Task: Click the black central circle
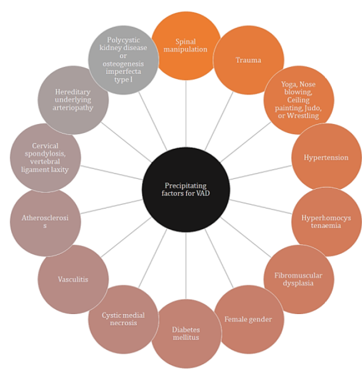(x=186, y=189)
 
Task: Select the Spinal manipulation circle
(x=186, y=45)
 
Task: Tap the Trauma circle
(x=248, y=59)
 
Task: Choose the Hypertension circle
(x=326, y=157)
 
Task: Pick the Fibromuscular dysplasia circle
(x=299, y=279)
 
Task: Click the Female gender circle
(x=248, y=319)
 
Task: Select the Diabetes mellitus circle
(x=186, y=334)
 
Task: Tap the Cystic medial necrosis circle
(x=123, y=319)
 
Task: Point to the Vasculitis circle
(x=73, y=279)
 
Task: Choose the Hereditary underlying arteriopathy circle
(x=73, y=100)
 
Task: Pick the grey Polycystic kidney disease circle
(x=124, y=59)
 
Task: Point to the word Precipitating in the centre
(x=186, y=185)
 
